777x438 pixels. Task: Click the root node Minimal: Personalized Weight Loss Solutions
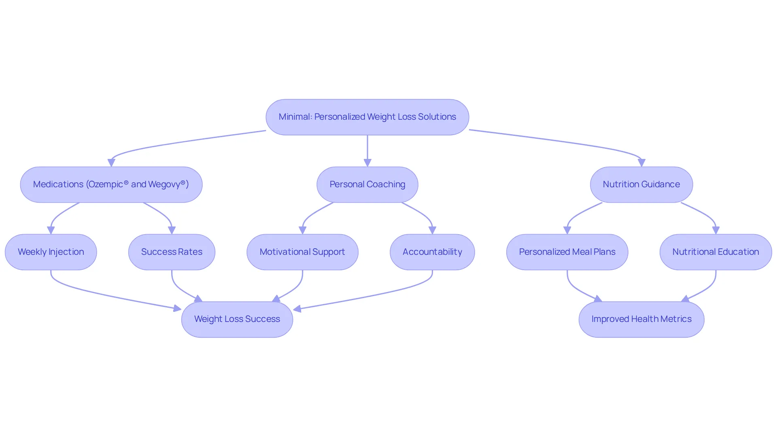pos(367,117)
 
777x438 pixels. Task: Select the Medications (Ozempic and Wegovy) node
pos(111,184)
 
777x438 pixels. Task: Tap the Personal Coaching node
pos(367,184)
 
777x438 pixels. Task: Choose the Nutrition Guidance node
pos(641,184)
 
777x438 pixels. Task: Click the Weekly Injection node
pos(51,252)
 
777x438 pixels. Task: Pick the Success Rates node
pos(172,252)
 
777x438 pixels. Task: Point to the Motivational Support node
pos(302,252)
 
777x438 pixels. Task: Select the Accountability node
pos(432,252)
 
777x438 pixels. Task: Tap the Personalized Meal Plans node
pos(567,252)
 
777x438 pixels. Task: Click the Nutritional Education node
pos(716,252)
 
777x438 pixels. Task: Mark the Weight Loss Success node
pos(237,320)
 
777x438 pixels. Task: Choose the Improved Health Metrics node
pos(641,320)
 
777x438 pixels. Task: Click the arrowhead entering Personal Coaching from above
pos(367,163)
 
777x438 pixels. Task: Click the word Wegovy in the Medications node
pos(164,184)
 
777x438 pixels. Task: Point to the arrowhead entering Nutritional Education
pos(716,230)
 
